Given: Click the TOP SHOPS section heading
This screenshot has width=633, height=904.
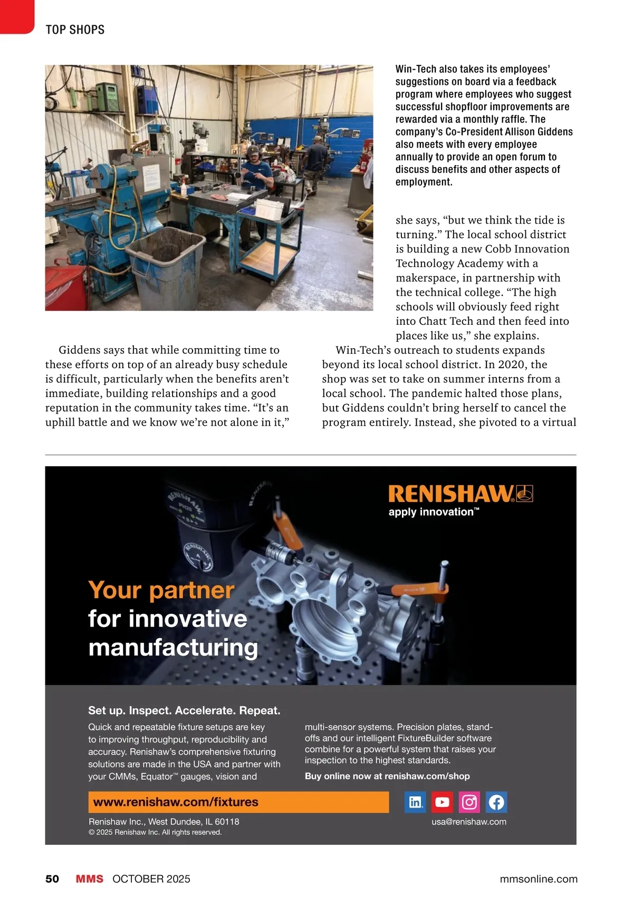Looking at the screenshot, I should (75, 30).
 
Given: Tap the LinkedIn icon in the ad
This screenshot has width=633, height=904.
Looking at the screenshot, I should (415, 802).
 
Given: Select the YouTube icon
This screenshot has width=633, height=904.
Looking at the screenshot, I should (442, 802).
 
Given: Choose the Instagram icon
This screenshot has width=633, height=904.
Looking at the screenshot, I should (469, 802).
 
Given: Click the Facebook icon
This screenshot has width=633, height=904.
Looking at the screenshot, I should (496, 802).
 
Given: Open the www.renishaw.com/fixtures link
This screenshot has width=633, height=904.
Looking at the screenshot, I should (176, 802).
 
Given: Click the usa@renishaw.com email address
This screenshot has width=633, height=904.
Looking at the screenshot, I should (468, 821).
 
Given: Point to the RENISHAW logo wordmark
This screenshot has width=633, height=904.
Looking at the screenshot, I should (452, 494).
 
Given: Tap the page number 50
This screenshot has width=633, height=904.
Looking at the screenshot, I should (52, 879).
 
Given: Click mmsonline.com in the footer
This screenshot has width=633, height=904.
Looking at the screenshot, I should (538, 879).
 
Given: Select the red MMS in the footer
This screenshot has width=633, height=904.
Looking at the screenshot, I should (89, 879).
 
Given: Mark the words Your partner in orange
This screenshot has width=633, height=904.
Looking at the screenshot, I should (161, 590).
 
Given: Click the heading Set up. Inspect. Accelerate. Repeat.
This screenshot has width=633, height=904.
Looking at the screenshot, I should (184, 710).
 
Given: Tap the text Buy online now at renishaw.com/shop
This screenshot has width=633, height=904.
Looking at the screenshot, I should (387, 776).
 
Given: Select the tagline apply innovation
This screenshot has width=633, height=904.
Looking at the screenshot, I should (433, 512).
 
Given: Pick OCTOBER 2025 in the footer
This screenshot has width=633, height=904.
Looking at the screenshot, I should (151, 879).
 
